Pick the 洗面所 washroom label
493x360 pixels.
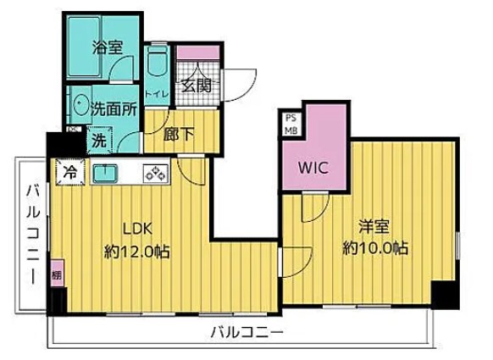click(111, 108)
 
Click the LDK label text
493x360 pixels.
click(138, 230)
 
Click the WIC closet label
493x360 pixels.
click(313, 167)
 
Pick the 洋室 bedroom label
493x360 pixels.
click(374, 228)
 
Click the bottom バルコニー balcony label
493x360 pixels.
click(246, 330)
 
